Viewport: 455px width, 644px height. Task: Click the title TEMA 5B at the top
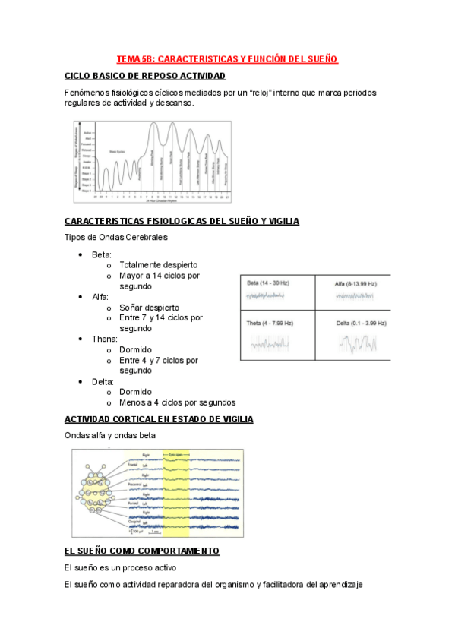click(x=227, y=58)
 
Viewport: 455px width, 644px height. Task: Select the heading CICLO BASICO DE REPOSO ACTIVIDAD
click(x=145, y=76)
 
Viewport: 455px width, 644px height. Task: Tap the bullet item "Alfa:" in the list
click(x=100, y=297)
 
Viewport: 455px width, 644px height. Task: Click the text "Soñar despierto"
click(x=149, y=307)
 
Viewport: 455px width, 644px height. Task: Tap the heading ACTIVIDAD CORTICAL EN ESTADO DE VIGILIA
click(x=160, y=419)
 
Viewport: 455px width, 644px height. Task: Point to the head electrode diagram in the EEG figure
click(x=99, y=492)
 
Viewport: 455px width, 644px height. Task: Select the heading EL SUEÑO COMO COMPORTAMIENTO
click(x=142, y=550)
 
